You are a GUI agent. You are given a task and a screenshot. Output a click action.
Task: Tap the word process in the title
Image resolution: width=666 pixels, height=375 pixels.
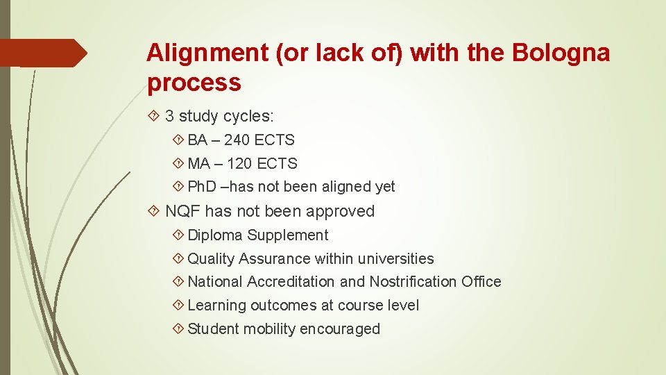(194, 83)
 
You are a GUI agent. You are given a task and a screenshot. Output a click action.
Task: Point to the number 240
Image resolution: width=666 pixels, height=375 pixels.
(237, 140)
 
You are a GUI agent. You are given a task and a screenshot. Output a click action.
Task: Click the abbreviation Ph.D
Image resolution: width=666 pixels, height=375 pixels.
(202, 187)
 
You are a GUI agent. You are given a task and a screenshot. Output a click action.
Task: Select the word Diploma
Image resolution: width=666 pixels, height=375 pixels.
(215, 235)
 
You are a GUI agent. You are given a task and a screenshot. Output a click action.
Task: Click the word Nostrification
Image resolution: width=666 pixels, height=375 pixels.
(412, 282)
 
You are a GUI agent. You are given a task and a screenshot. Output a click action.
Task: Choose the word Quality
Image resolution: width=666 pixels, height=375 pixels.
(211, 259)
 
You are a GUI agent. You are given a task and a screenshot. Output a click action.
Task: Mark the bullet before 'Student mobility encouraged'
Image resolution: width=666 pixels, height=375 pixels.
(178, 329)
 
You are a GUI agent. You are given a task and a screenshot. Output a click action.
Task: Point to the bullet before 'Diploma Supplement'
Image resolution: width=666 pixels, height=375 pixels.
(178, 235)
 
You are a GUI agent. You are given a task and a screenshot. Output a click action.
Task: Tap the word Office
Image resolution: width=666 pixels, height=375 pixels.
(481, 282)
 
